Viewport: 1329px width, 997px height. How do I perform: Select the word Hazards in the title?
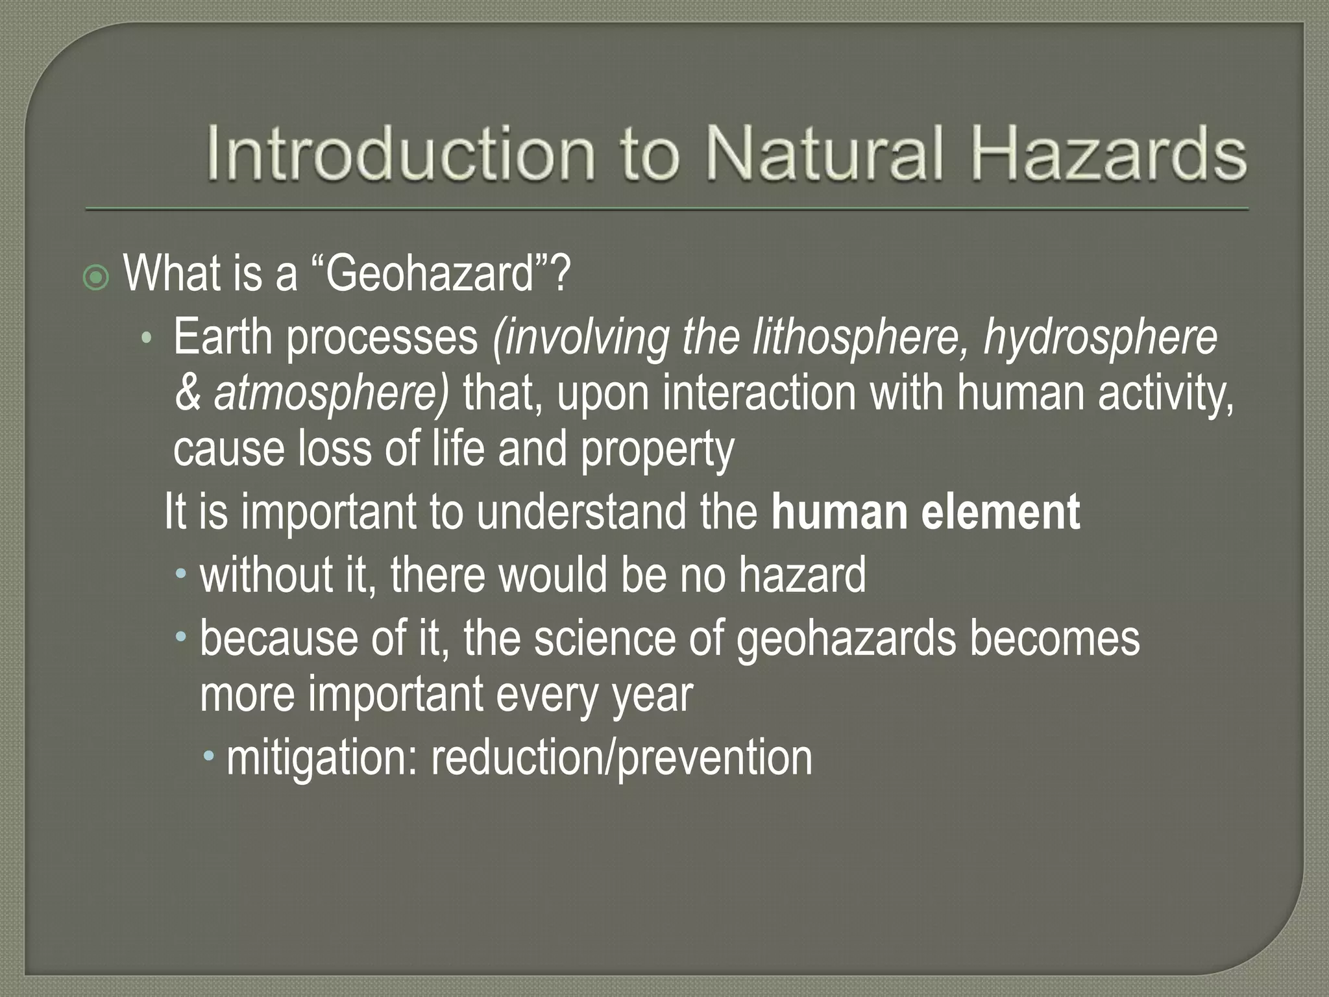click(x=1100, y=154)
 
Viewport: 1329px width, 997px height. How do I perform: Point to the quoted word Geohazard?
click(x=429, y=274)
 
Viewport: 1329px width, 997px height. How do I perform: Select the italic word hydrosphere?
click(x=1100, y=338)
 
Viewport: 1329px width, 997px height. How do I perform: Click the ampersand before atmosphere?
click(x=188, y=394)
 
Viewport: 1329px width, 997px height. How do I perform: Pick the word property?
click(x=657, y=450)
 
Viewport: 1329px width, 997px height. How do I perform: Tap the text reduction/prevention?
click(x=621, y=757)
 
